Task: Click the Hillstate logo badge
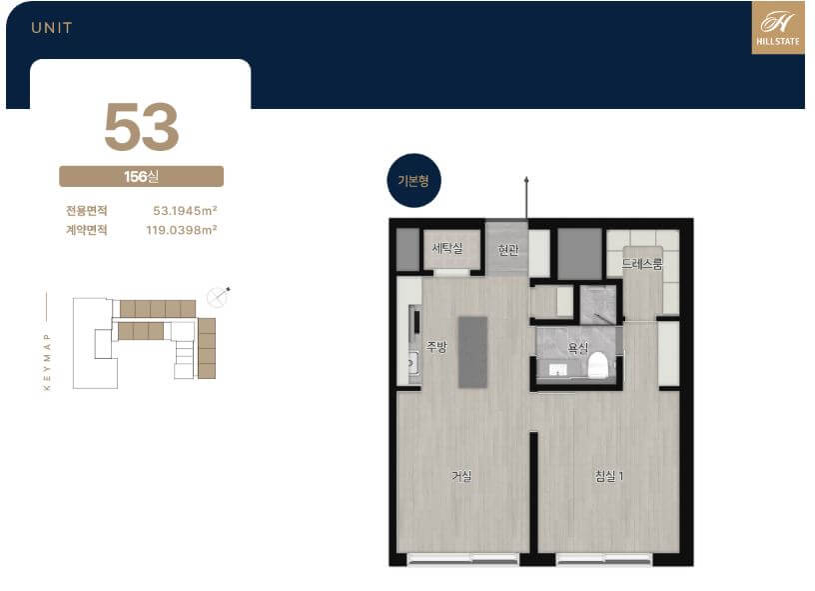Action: pyautogui.click(x=778, y=28)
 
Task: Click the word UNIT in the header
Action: pyautogui.click(x=52, y=28)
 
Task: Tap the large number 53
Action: pyautogui.click(x=142, y=127)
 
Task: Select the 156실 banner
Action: pyautogui.click(x=142, y=176)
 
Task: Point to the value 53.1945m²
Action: pyautogui.click(x=185, y=210)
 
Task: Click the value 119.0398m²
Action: pyautogui.click(x=182, y=229)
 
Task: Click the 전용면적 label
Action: pyautogui.click(x=86, y=211)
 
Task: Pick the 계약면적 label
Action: pyautogui.click(x=86, y=229)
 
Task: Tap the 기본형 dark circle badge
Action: pyautogui.click(x=413, y=181)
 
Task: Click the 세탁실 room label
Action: pyautogui.click(x=447, y=248)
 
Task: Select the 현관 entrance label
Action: pyautogui.click(x=507, y=250)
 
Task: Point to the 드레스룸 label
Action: pyautogui.click(x=642, y=264)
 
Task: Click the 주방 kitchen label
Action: pyautogui.click(x=436, y=346)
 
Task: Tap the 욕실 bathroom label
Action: pyautogui.click(x=577, y=348)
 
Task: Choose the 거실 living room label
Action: pyautogui.click(x=461, y=476)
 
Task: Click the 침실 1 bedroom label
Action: pyautogui.click(x=608, y=476)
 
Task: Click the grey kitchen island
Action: pyautogui.click(x=472, y=352)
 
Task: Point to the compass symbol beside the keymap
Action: pyautogui.click(x=218, y=297)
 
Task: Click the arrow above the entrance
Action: pyautogui.click(x=526, y=197)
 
